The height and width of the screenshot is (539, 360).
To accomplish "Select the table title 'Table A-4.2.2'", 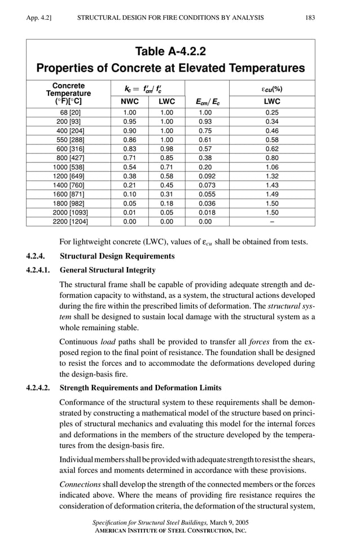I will point(170,52).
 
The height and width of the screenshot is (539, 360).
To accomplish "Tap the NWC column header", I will point(129,102).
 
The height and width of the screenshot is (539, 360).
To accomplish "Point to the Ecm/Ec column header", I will point(209,102).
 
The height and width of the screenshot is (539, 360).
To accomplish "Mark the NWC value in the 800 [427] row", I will point(129,158).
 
